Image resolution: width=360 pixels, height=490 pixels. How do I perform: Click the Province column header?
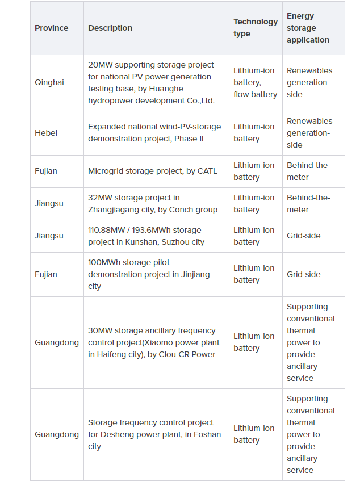point(51,28)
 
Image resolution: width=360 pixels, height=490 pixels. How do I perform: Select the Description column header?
point(110,28)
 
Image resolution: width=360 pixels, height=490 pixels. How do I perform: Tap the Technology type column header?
point(256,28)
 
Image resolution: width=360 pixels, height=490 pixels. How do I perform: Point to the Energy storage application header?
point(308,28)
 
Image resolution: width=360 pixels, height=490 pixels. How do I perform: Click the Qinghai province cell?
point(49,82)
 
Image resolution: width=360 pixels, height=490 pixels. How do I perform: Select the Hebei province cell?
point(46,133)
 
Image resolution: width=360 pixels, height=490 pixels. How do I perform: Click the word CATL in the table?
point(207,171)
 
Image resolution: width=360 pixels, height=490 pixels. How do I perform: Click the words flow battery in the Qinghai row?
point(255,94)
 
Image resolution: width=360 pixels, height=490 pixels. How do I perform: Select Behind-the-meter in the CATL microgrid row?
point(308,171)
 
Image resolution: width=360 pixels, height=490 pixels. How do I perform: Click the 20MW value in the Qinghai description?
point(100,65)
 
